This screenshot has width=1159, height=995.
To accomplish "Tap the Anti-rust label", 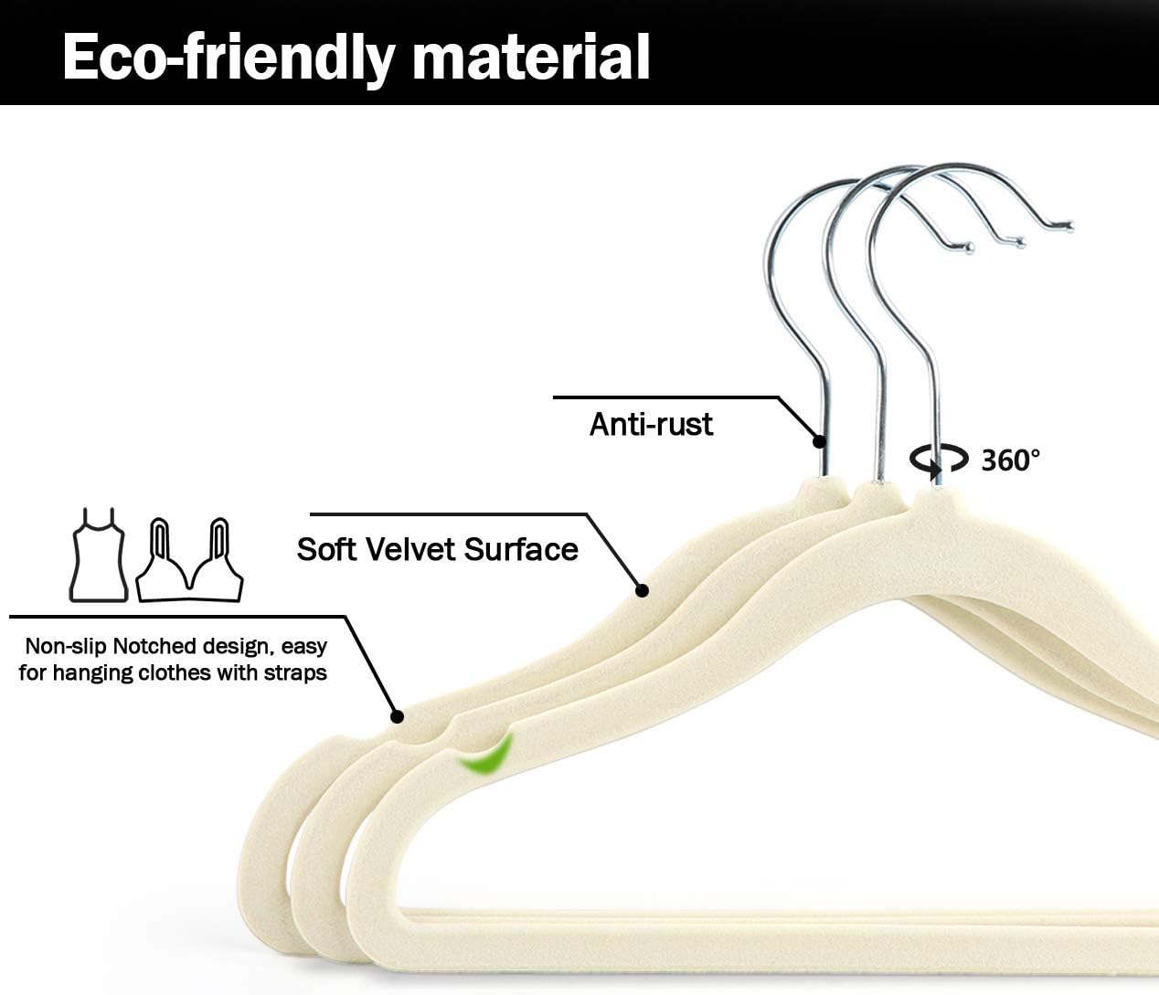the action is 651,424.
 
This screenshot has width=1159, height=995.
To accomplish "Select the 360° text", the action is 1010,460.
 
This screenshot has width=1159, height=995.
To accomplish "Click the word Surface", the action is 522,549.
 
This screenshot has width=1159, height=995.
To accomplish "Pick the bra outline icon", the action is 189,561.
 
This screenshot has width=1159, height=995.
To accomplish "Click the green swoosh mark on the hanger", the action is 486,754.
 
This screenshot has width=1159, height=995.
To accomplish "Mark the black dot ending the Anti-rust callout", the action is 819,441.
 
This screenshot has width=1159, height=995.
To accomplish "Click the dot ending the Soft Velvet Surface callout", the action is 643,590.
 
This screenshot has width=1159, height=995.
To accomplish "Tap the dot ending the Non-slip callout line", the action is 397,716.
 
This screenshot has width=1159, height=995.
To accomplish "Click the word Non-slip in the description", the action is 66,646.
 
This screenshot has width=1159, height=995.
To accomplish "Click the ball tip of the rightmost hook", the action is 1069,227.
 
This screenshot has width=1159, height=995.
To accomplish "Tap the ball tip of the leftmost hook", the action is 970,248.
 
